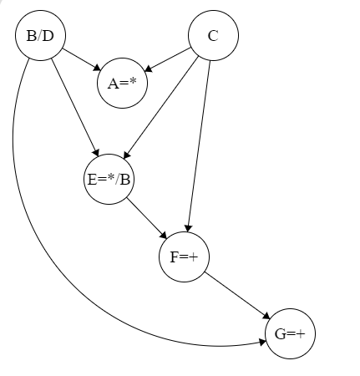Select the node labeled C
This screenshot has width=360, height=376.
213,35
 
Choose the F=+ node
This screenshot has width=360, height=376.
184,257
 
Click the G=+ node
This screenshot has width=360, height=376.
290,334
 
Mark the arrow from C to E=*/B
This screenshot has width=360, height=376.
163,104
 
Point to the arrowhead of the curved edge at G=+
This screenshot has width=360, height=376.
261,341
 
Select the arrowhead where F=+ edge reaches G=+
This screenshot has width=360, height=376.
266,318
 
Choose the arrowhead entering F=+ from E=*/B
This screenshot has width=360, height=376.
165,236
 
